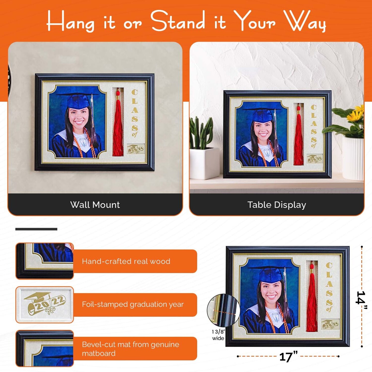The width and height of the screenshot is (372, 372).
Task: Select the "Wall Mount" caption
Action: tap(95, 205)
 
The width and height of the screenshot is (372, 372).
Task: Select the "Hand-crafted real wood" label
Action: tap(126, 261)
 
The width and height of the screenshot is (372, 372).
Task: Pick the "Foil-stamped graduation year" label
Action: tap(133, 304)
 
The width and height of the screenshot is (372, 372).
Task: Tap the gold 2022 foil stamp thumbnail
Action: tap(45, 304)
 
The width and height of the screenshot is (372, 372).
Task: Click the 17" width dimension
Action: tap(288, 357)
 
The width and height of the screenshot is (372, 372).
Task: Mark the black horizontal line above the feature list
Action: tap(36, 229)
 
